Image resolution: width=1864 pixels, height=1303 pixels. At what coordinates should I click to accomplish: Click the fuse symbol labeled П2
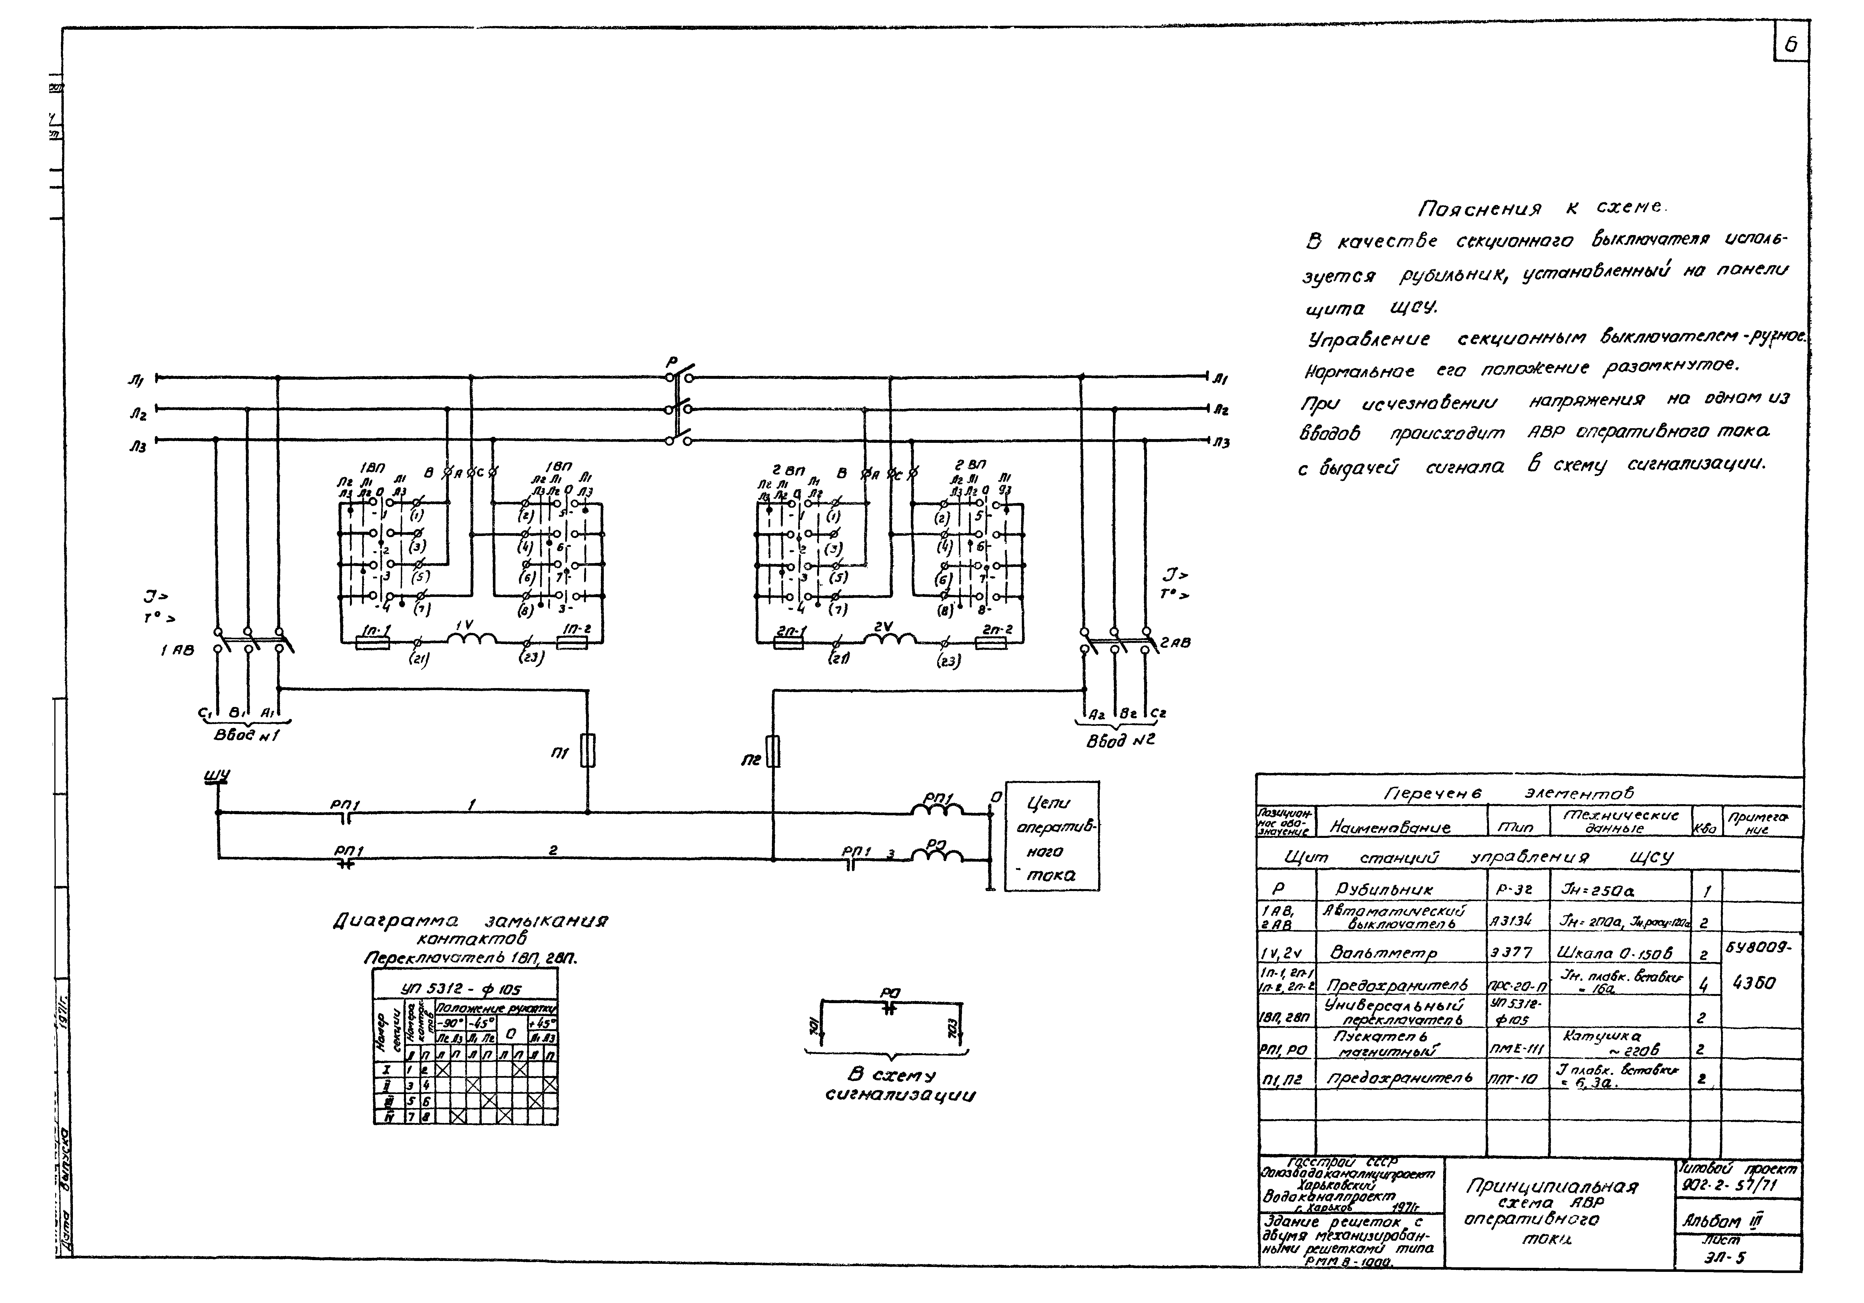pos(773,751)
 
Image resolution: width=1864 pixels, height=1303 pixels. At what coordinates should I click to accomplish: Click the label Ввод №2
pos(1120,740)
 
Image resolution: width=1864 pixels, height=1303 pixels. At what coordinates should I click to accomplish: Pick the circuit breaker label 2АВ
pos(1176,642)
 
